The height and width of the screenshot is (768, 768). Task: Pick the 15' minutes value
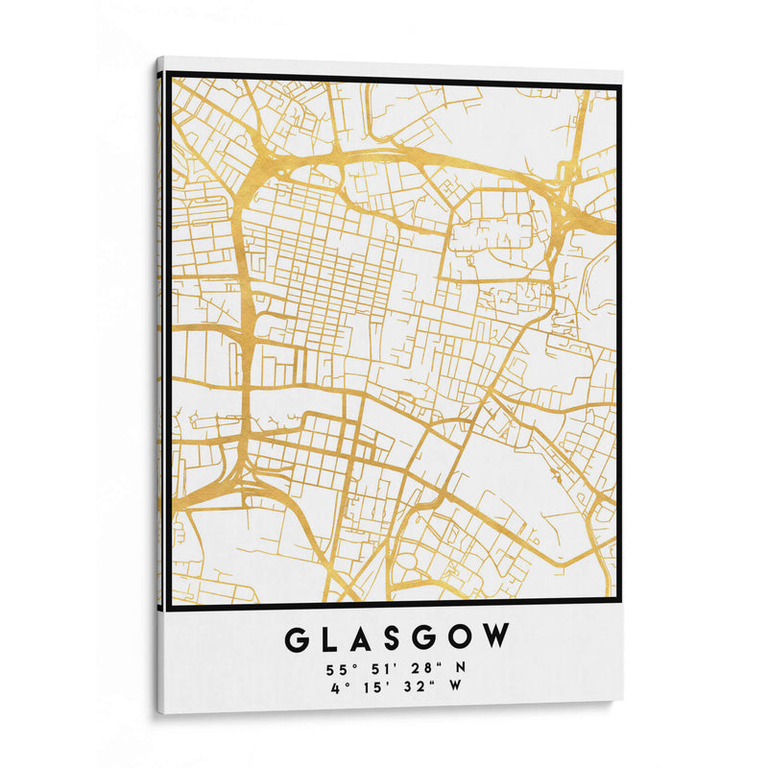click(x=376, y=685)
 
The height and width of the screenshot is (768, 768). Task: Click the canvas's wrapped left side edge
click(x=159, y=384)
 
